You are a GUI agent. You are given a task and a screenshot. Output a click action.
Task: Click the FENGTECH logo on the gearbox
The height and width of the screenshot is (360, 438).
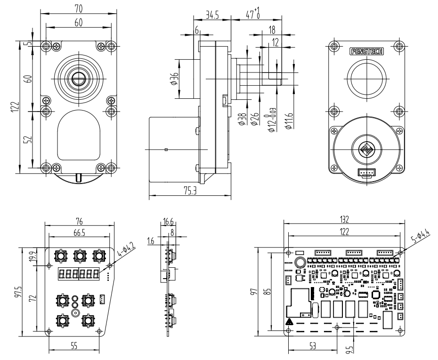366,51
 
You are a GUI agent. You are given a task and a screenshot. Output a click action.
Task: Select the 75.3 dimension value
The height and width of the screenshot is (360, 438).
190,191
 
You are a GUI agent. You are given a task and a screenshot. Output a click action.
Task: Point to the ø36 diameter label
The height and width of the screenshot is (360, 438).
173,79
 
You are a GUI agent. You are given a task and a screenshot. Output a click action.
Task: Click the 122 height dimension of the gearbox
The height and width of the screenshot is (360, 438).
16,107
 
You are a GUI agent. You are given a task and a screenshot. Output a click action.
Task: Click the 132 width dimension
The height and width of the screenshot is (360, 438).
344,219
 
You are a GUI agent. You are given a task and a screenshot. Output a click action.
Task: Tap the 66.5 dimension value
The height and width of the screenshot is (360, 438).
79,232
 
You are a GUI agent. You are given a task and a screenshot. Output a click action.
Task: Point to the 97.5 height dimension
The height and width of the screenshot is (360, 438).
19,292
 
